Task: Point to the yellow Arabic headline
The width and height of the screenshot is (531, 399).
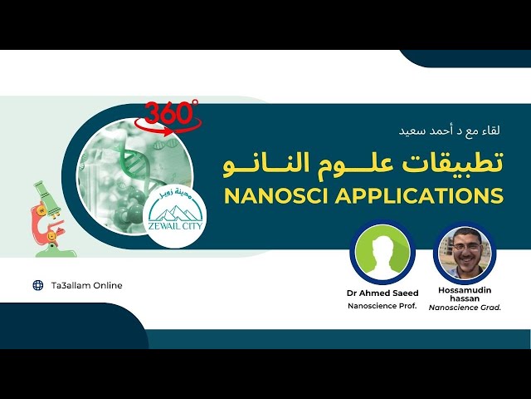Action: (x=363, y=163)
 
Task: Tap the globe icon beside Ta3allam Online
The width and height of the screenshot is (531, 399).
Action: (x=37, y=285)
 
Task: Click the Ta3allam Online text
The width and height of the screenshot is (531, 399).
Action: (x=86, y=285)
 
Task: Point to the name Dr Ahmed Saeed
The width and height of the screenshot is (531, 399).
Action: (x=382, y=293)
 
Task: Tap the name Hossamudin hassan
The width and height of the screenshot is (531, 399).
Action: (x=465, y=296)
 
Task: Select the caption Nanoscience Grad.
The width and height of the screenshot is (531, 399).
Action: (x=465, y=308)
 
